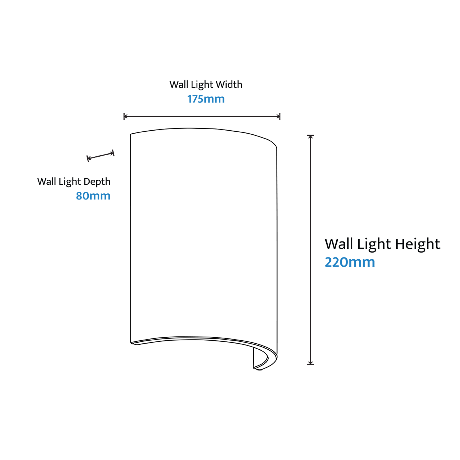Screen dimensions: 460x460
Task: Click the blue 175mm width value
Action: coord(206,99)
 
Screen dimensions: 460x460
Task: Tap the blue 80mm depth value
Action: coord(93,196)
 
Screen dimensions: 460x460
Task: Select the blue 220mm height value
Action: coord(350,262)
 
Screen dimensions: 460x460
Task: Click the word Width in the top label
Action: coord(229,85)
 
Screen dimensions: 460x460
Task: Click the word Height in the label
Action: coord(418,244)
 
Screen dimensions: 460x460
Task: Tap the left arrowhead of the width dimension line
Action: coord(125,117)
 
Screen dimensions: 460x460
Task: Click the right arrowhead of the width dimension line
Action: coord(278,117)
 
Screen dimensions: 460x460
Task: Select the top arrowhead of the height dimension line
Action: coord(310,137)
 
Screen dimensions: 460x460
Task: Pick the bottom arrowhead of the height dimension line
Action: coord(310,362)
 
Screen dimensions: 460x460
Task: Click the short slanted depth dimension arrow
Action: coord(100,156)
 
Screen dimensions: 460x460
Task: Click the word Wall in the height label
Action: coord(339,244)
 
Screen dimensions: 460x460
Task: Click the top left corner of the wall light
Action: coord(131,134)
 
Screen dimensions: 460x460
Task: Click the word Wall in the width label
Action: coord(179,85)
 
